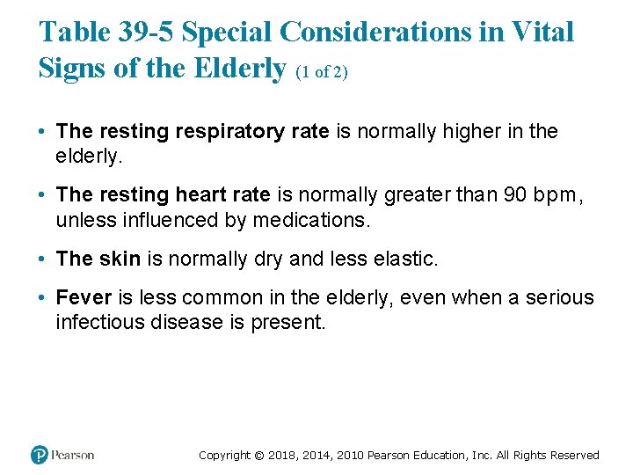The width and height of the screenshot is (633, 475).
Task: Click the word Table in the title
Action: coord(76,33)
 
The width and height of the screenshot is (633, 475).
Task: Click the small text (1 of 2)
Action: coord(321,72)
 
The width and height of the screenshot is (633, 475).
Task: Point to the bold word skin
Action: coord(119,259)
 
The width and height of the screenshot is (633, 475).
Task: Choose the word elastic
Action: coord(410,259)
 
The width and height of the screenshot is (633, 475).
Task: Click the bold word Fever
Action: coord(81,298)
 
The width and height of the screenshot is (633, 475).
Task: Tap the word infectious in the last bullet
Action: coord(99,322)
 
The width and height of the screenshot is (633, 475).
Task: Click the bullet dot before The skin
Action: coord(42,259)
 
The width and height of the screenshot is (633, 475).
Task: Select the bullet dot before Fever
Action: coord(42,299)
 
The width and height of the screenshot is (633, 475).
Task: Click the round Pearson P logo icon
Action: coord(40,455)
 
